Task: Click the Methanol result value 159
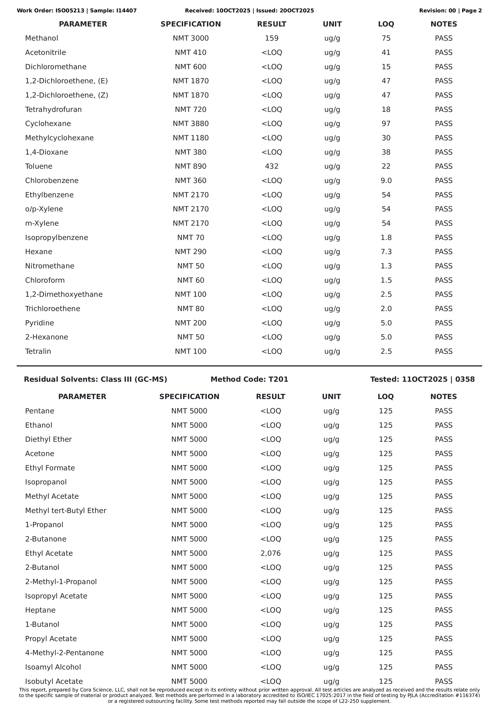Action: (272, 38)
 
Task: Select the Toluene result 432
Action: (272, 166)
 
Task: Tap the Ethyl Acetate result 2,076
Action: (270, 553)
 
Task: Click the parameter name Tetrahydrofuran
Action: (53, 110)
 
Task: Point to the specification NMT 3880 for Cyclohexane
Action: (191, 124)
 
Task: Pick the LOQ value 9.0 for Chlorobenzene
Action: (386, 180)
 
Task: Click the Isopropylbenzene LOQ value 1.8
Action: (386, 237)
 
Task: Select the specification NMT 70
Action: (191, 237)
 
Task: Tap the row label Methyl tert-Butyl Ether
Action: (66, 510)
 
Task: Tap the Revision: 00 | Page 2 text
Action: (450, 11)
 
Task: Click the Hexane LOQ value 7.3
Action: (386, 252)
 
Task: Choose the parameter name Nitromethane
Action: (50, 266)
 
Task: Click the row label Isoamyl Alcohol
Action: (53, 667)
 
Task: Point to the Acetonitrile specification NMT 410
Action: (191, 53)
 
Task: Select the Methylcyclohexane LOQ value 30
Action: (386, 138)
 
